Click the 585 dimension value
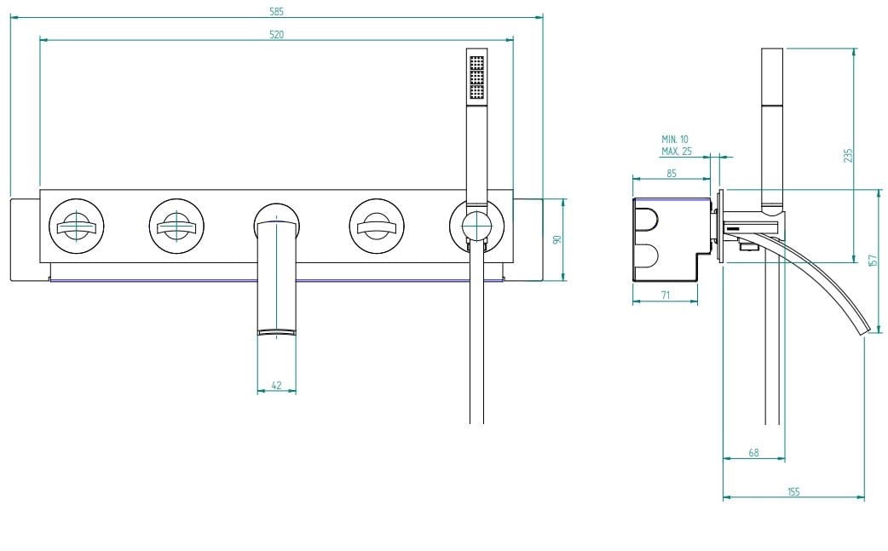[x=277, y=11]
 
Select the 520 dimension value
[x=277, y=34]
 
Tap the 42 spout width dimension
[x=276, y=385]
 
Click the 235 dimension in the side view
[x=848, y=155]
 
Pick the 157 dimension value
[x=872, y=260]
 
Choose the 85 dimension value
[x=671, y=173]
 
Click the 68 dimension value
[x=753, y=453]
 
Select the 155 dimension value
[x=793, y=492]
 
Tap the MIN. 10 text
[x=675, y=139]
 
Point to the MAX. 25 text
[x=676, y=151]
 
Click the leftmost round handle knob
[x=77, y=227]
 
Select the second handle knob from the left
[x=176, y=227]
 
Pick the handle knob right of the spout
[x=376, y=227]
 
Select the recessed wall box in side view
[x=669, y=238]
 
